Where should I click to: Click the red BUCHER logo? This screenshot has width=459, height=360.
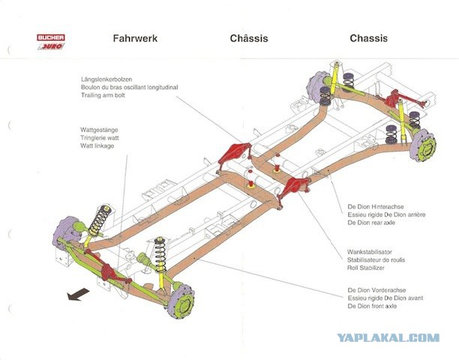point(51,37)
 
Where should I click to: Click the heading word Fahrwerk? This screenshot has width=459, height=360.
point(135,38)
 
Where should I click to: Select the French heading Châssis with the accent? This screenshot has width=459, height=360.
point(249,38)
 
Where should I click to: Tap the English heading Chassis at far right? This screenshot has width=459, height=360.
point(368,38)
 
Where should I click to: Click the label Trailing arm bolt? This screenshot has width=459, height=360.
point(103,95)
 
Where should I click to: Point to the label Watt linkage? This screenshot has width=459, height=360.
point(97,145)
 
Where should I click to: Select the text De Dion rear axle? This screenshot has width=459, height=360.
point(371,223)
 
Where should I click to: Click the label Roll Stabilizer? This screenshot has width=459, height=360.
point(365,268)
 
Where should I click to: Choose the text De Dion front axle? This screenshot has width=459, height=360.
point(372,306)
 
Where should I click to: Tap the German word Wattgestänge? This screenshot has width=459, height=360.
point(99,130)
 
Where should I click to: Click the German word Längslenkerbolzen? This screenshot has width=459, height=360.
point(106,79)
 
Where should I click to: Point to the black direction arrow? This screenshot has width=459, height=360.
point(78,294)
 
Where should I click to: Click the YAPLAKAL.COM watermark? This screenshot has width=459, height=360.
point(388,337)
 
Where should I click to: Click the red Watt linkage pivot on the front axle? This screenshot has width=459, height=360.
point(107,271)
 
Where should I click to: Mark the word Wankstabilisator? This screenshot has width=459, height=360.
point(370,252)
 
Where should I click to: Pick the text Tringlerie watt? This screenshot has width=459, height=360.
point(100,138)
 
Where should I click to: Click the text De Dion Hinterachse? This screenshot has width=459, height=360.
point(376,207)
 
